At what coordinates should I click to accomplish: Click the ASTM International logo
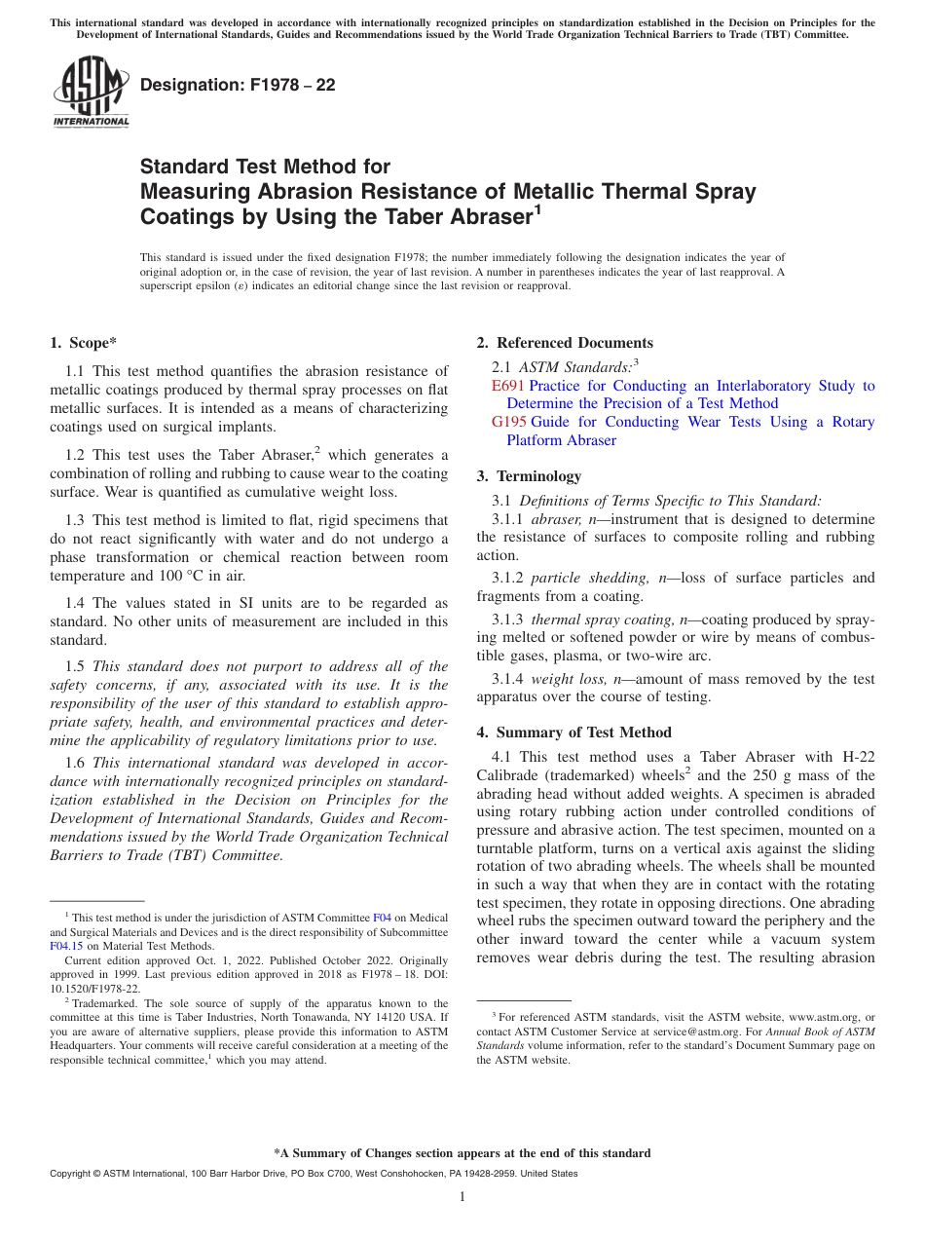coord(91,93)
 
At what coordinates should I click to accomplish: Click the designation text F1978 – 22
coord(238,85)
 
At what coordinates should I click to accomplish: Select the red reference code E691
coord(507,386)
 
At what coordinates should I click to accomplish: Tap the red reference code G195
coord(509,422)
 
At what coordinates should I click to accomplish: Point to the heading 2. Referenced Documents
coord(565,343)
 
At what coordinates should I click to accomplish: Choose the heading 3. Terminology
coord(529,476)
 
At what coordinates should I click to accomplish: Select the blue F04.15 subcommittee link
coord(65,945)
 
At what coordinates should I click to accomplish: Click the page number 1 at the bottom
coord(462,1196)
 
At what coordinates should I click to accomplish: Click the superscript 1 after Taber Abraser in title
coord(536,208)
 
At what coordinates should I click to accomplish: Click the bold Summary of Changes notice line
coord(462,1153)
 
